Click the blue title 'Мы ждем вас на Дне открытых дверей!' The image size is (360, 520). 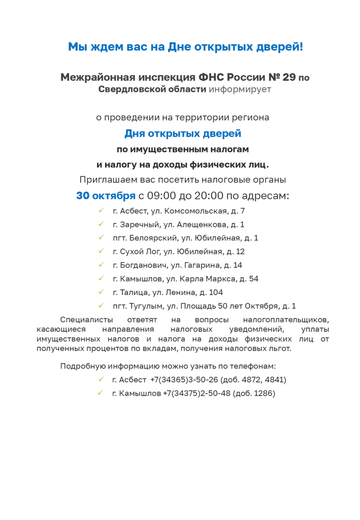pyautogui.click(x=185, y=47)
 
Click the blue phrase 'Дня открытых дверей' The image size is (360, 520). pyautogui.click(x=183, y=134)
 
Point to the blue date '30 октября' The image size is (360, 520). pyautogui.click(x=106, y=196)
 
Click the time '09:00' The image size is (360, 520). pyautogui.click(x=161, y=196)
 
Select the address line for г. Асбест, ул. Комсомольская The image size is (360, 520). pyautogui.click(x=179, y=211)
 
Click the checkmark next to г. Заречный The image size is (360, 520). pyautogui.click(x=101, y=224)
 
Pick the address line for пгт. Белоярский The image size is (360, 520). pyautogui.click(x=185, y=238)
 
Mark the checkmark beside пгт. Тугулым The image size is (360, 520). pyautogui.click(x=101, y=306)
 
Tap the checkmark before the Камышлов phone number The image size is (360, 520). pyautogui.click(x=101, y=393)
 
